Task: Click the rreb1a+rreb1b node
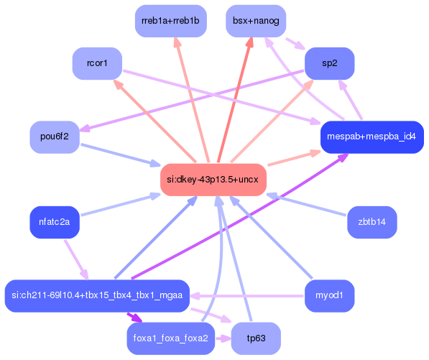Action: (x=170, y=21)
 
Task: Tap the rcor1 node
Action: (x=97, y=63)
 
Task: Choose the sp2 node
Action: (x=330, y=63)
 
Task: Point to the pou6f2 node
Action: (x=54, y=137)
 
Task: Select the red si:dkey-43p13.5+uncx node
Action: (x=213, y=179)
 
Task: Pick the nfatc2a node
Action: (x=54, y=222)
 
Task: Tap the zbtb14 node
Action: (x=372, y=222)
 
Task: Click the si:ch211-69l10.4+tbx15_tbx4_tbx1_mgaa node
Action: (x=96, y=295)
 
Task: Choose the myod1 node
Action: (x=330, y=295)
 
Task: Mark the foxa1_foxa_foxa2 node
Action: (x=170, y=338)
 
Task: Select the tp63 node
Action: (x=256, y=338)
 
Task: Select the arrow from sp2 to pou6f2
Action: (x=194, y=101)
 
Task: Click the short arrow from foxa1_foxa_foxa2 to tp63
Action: (x=223, y=338)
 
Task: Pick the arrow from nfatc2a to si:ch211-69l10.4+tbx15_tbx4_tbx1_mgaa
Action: (x=76, y=259)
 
